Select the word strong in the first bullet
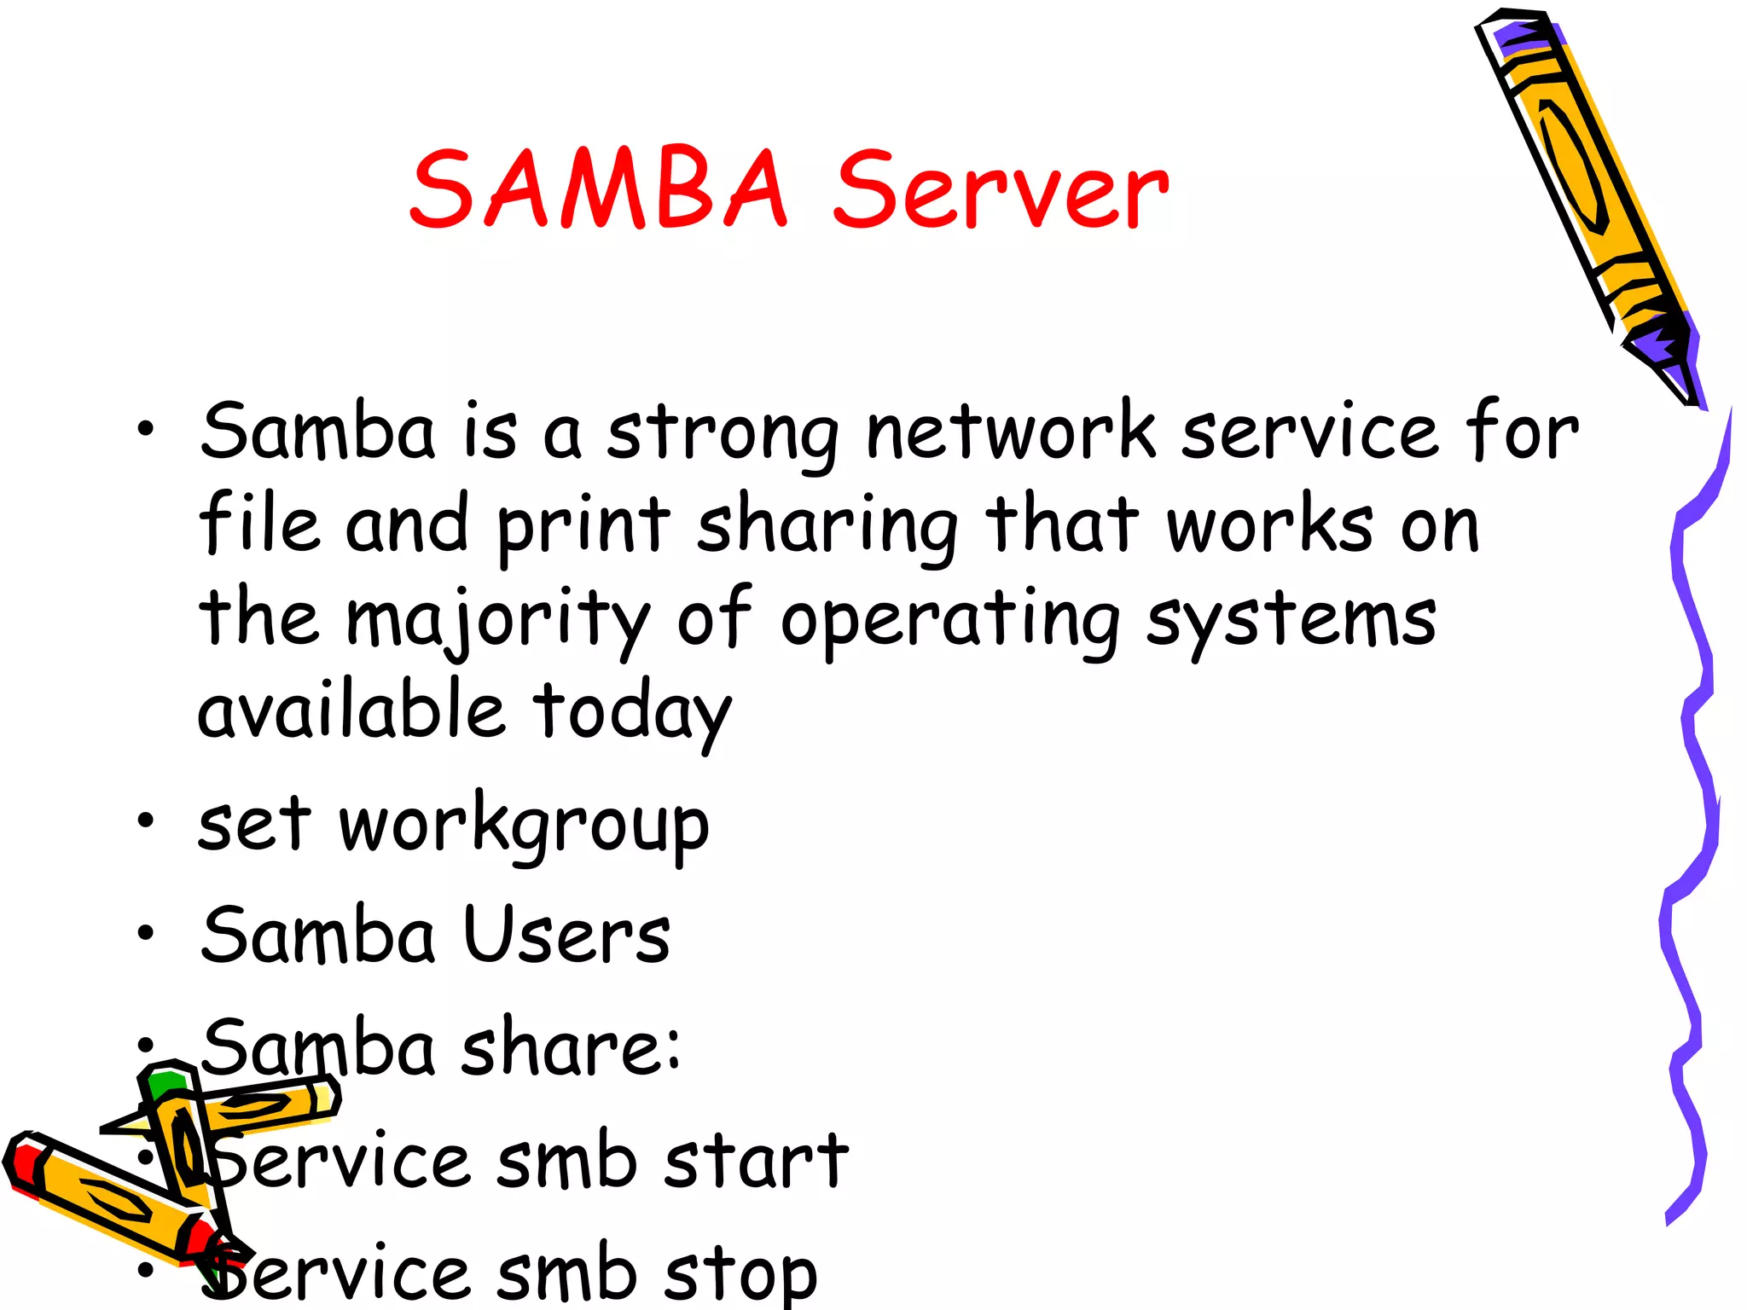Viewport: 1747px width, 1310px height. coord(723,434)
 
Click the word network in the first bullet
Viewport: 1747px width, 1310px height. coord(1011,432)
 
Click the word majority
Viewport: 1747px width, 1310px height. coord(498,621)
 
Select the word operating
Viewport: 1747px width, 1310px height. coord(950,621)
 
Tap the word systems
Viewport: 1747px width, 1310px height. coord(1291,621)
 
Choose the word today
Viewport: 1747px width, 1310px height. coord(632,713)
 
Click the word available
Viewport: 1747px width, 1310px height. coord(351,711)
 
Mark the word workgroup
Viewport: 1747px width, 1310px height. coord(524,826)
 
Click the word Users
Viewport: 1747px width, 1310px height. coord(566,936)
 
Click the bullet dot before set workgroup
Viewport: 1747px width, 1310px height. coord(146,820)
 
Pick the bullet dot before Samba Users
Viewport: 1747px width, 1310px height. coord(146,933)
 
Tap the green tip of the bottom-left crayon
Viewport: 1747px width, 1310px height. coord(166,1083)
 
